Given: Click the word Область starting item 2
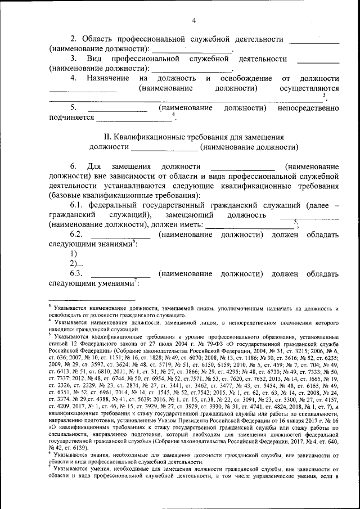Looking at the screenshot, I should [97, 39].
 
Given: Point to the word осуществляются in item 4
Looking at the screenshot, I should [309, 88].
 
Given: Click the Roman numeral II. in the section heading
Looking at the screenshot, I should [109, 137].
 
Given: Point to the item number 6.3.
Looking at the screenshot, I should [76, 273].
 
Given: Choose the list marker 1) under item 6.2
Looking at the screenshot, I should [73, 254].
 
